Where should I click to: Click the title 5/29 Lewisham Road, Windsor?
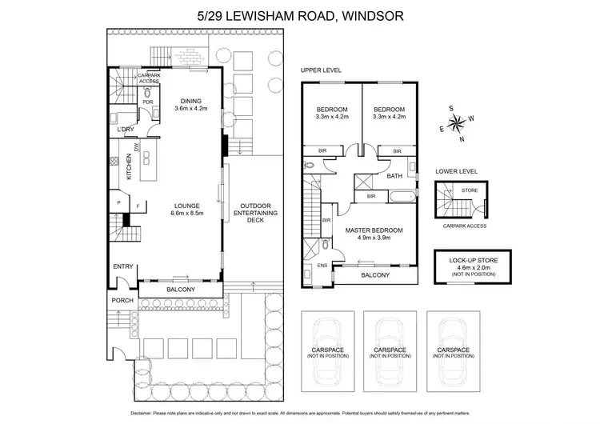(300, 15)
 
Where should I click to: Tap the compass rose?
(458, 123)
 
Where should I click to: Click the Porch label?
(122, 300)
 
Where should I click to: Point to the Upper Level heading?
(321, 70)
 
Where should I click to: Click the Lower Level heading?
(456, 171)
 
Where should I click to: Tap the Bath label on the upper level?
(394, 176)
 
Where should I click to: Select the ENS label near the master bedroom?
(322, 266)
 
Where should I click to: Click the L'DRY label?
(126, 130)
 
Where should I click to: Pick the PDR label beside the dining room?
(148, 102)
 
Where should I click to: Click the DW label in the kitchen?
(137, 147)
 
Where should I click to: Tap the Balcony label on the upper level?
(374, 275)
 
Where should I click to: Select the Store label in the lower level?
(469, 191)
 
